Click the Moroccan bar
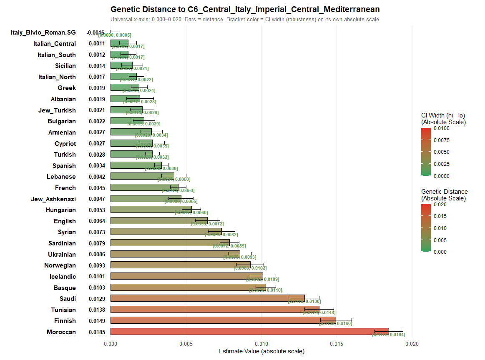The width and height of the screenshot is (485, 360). click(249, 332)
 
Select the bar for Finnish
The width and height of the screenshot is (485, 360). click(223, 320)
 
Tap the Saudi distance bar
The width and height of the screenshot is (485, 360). click(208, 298)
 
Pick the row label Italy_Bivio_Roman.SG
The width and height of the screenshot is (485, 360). click(43, 32)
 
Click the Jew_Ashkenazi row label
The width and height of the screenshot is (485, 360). click(53, 199)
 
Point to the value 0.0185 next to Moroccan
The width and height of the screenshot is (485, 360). click(97, 332)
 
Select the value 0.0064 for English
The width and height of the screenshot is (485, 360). click(97, 221)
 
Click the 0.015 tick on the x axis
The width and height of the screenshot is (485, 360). click(337, 344)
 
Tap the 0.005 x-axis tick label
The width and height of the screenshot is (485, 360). click(186, 344)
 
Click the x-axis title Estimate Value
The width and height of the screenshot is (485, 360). click(261, 351)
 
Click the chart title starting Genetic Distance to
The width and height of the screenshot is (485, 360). click(245, 9)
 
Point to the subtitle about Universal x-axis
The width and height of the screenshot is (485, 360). click(245, 20)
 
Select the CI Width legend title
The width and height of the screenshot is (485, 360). click(443, 119)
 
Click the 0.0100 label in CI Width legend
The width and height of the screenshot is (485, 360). click(442, 128)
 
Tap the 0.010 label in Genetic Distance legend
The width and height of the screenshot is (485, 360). click(440, 228)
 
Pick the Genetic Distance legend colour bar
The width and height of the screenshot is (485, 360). click(426, 228)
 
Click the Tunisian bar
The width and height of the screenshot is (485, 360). click(215, 310)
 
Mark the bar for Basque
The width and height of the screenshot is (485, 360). click(188, 287)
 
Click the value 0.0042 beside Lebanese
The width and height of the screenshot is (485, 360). click(97, 177)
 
